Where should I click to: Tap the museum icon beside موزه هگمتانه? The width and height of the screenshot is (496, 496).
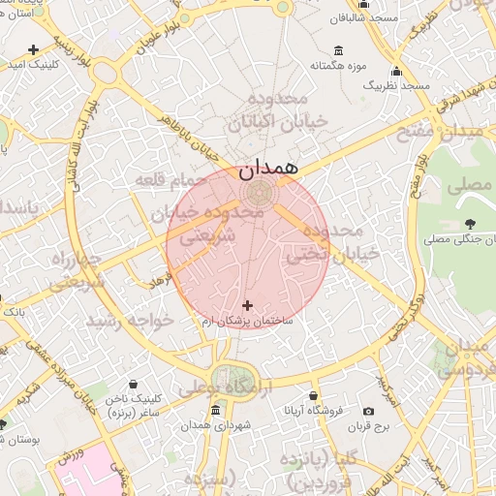pos(337,50)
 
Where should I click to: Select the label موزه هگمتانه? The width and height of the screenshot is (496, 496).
pos(327,66)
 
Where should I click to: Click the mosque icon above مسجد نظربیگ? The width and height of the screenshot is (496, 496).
pos(396,72)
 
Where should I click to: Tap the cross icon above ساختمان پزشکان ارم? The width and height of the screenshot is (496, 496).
pos(247,305)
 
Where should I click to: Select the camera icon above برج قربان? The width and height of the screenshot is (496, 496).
pos(368,411)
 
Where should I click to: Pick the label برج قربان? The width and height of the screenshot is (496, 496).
pos(368,425)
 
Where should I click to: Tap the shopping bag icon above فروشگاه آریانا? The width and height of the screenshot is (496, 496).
pos(314,395)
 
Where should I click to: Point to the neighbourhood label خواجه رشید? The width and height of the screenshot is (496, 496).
pos(130,320)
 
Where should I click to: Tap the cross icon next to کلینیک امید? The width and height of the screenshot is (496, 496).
pos(34,49)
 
